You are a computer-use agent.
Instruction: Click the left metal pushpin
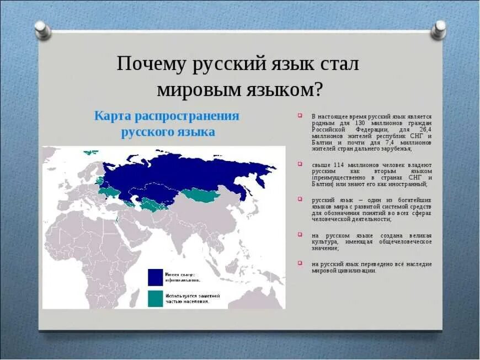(42, 30)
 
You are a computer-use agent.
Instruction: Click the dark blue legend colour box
(155, 277)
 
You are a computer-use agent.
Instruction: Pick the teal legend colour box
(155, 298)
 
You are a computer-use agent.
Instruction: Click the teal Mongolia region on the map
(200, 194)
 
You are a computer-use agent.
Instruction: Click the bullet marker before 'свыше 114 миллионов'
(301, 164)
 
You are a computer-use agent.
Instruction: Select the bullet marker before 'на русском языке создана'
(301, 234)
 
